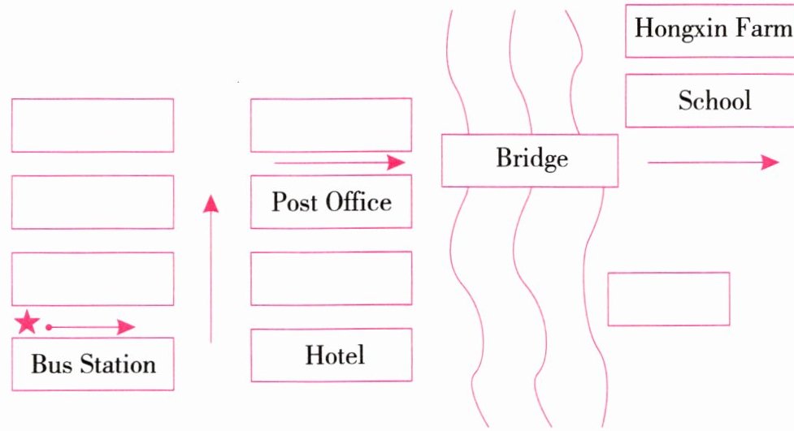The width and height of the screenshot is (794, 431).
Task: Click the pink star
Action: coord(27,323)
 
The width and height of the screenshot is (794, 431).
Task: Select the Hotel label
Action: coord(335,355)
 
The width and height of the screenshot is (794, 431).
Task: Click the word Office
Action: coord(358,201)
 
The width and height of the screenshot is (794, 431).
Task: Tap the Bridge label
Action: coord(532,158)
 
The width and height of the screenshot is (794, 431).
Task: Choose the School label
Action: coord(714,101)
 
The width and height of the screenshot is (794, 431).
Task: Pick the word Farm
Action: coord(767,29)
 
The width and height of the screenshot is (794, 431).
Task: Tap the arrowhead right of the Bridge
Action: coord(769,162)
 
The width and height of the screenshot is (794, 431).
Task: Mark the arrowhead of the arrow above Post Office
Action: coord(395,162)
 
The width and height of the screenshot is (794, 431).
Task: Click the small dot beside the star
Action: coord(49,327)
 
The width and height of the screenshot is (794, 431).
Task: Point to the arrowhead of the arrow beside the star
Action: coord(125,327)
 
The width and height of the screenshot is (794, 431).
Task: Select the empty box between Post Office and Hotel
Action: coord(331,278)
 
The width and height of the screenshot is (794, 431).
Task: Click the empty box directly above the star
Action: coord(93,278)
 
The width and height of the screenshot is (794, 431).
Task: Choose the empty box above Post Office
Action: coord(331,125)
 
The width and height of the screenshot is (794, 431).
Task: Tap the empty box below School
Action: coord(668,299)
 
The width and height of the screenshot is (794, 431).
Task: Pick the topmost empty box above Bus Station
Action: coord(93,125)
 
